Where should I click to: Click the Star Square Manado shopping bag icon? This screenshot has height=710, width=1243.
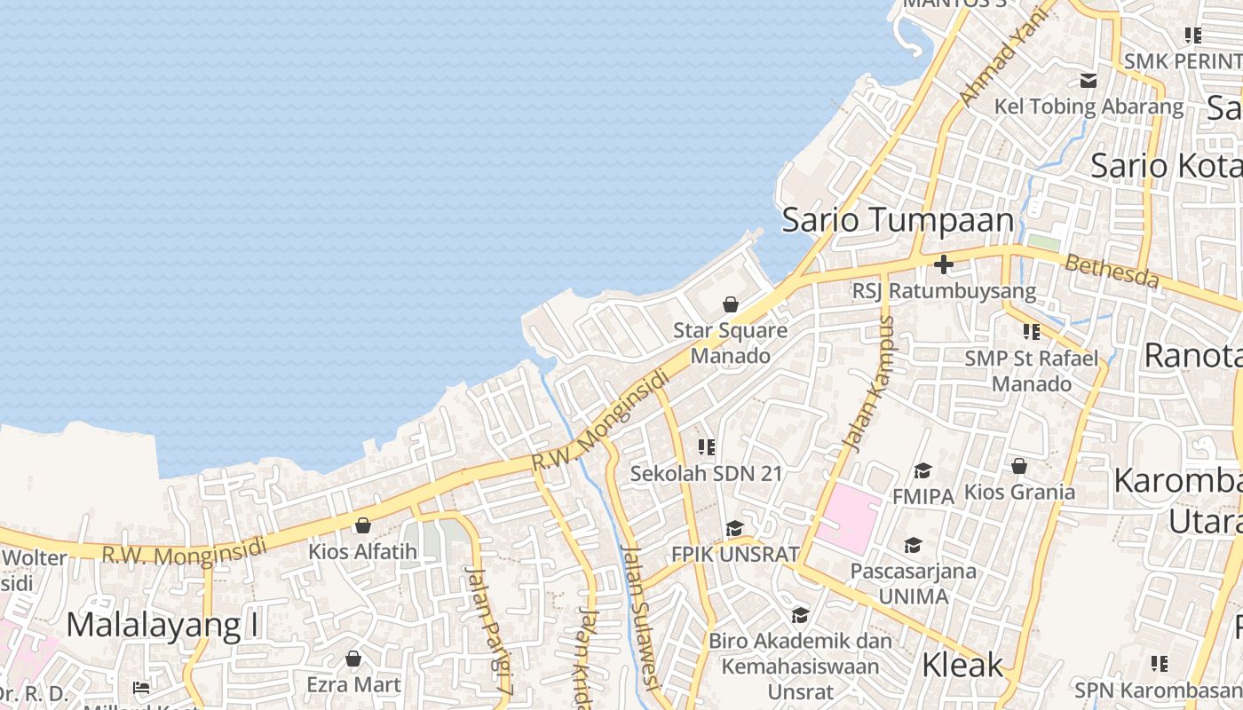(730, 304)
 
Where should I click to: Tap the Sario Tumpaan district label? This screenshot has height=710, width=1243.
(897, 220)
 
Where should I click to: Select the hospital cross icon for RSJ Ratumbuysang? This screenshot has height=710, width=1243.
(943, 264)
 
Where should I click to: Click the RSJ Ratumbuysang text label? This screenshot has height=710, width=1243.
(943, 290)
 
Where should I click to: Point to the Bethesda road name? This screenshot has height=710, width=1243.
(1112, 271)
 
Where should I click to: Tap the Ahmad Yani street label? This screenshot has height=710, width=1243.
(999, 60)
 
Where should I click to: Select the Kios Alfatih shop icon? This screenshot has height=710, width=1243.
(362, 525)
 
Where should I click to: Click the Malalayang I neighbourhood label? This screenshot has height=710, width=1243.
(162, 625)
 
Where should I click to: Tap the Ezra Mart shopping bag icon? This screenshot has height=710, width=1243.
(353, 659)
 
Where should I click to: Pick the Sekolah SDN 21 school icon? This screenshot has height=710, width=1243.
(707, 447)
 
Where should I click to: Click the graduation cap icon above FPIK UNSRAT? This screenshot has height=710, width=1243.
(734, 529)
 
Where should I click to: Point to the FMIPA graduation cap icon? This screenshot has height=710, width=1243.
(922, 470)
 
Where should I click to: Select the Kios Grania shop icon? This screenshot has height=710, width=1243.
(1019, 466)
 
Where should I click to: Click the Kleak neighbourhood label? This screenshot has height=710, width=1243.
(962, 665)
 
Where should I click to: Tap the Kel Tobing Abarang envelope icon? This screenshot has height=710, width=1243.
(1089, 81)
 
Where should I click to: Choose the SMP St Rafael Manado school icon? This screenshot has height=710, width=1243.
(1031, 332)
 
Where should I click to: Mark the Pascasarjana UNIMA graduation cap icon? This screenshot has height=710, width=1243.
(913, 545)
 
